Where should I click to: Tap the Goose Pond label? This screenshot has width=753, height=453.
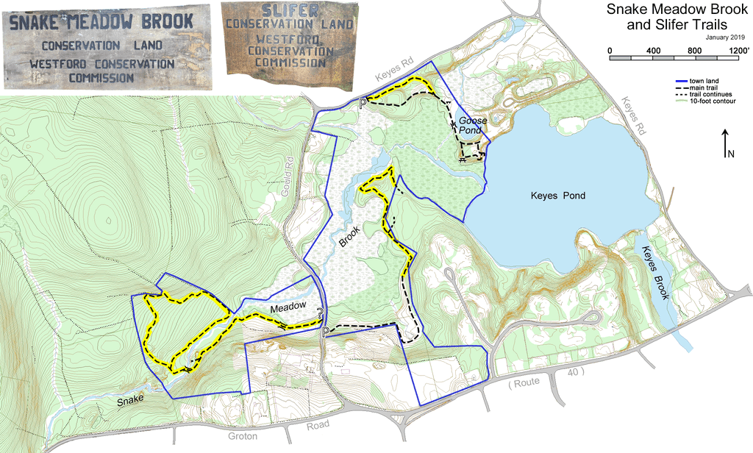[470, 125]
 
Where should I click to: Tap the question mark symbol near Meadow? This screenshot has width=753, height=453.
[321, 312]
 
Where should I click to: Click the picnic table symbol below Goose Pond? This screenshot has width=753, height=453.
[463, 159]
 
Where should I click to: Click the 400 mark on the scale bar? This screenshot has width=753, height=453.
[652, 49]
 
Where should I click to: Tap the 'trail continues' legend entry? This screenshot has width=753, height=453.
[710, 94]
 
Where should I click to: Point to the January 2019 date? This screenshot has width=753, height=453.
[725, 37]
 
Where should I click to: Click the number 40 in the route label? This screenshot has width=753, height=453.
[574, 373]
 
